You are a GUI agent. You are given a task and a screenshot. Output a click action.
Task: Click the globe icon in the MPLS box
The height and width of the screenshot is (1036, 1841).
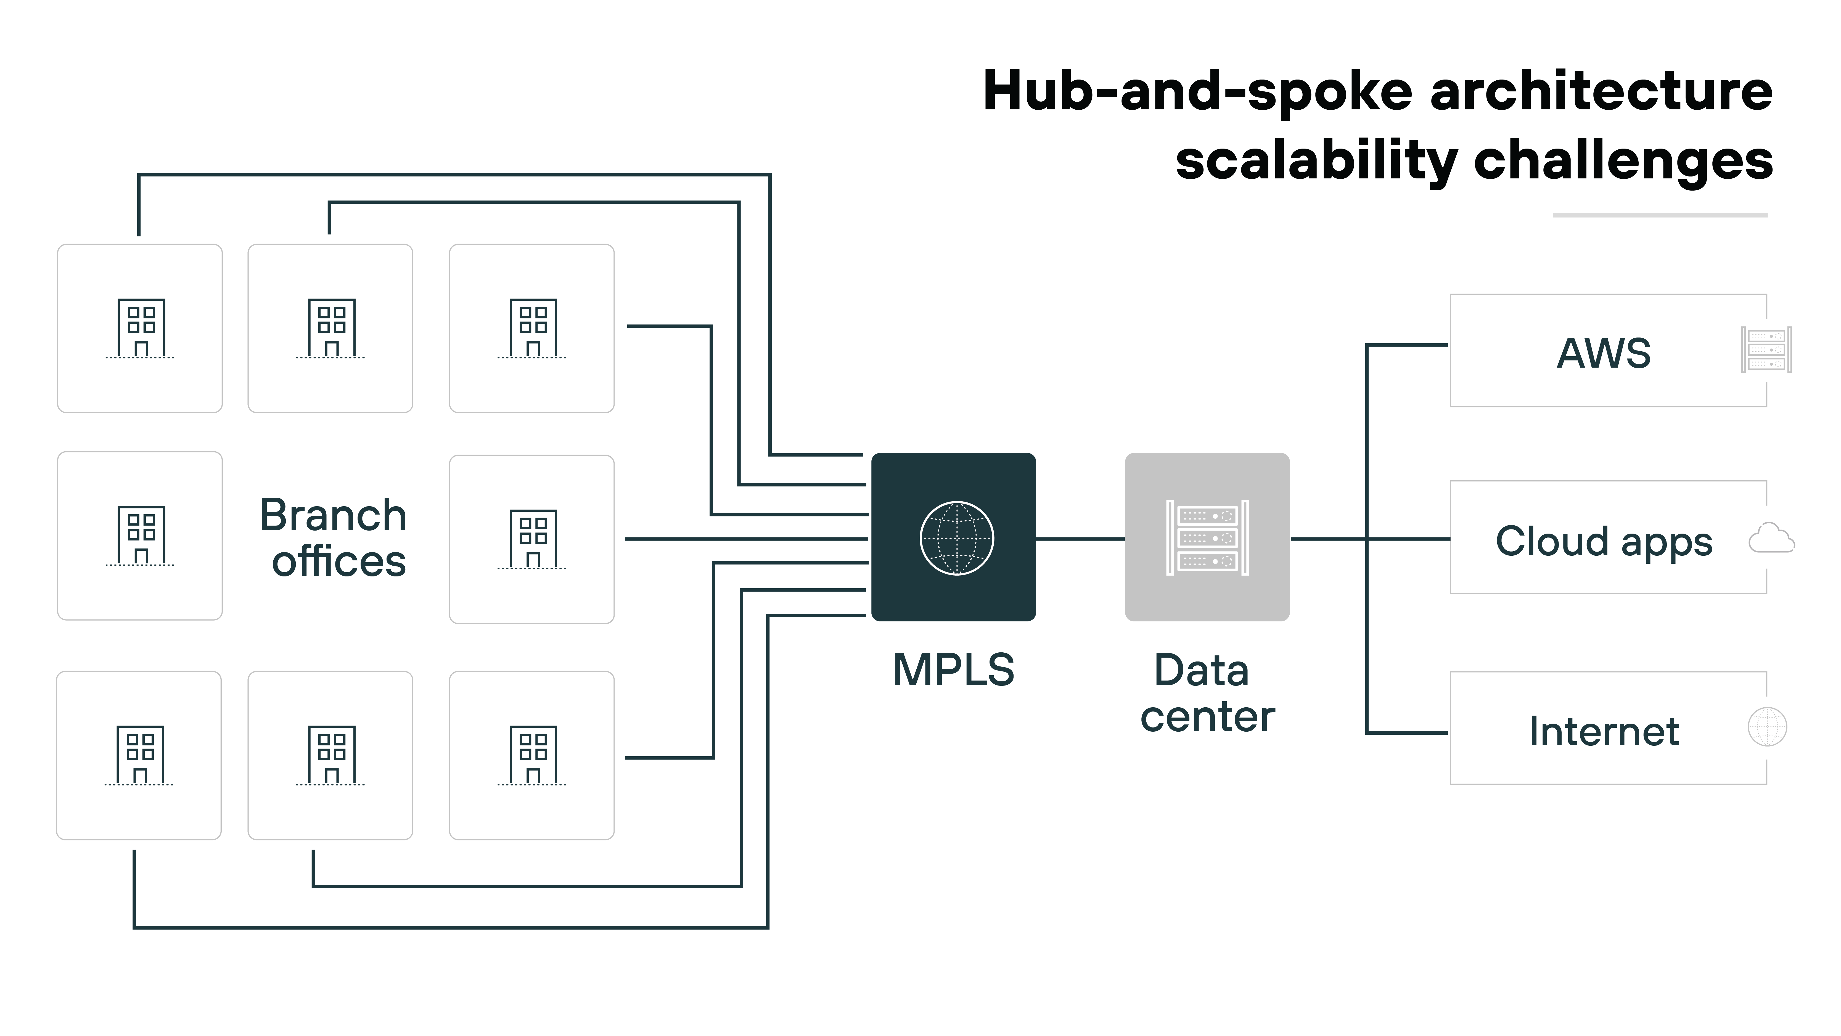(x=956, y=538)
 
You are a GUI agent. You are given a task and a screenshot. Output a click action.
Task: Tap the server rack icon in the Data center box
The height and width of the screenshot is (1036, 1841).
(x=1207, y=538)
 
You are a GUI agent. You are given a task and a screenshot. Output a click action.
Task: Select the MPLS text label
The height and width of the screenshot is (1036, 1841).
(x=953, y=670)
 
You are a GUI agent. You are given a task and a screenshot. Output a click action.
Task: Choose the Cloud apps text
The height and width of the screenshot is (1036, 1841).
(x=1604, y=541)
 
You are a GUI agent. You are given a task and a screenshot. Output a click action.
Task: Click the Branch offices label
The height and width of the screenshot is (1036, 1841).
(x=334, y=538)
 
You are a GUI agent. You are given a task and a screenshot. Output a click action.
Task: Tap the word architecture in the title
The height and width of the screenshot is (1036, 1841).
(x=1601, y=91)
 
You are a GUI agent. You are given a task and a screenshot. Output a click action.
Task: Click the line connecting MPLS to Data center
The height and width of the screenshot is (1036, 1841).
(x=1080, y=538)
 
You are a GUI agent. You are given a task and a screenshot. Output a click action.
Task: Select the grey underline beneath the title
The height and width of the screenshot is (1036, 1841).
(x=1660, y=215)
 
